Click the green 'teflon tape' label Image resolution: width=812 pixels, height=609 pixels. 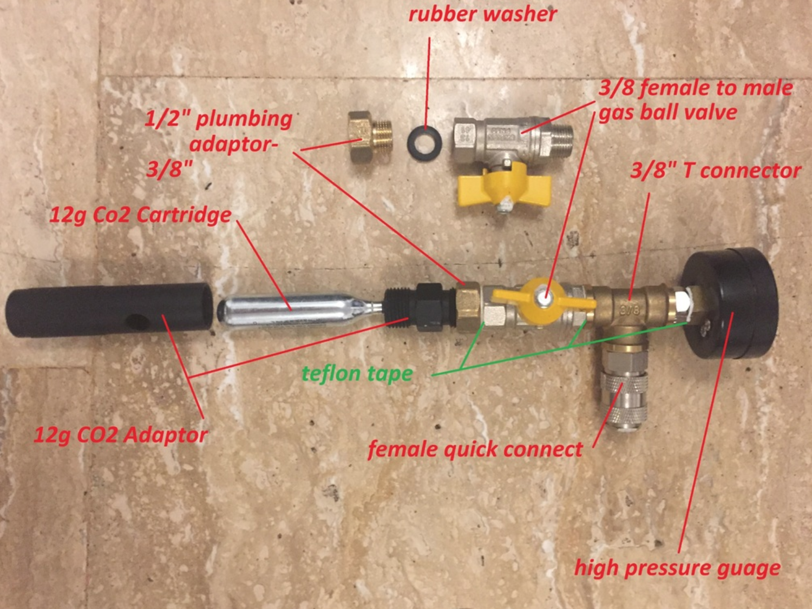[357, 373]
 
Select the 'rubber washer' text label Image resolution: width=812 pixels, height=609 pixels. [483, 15]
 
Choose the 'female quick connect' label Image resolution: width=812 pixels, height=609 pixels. [475, 450]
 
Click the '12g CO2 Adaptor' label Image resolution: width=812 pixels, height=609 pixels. [121, 435]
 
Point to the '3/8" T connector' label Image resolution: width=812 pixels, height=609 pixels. [716, 171]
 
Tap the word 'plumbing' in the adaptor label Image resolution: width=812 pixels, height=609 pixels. [244, 120]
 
